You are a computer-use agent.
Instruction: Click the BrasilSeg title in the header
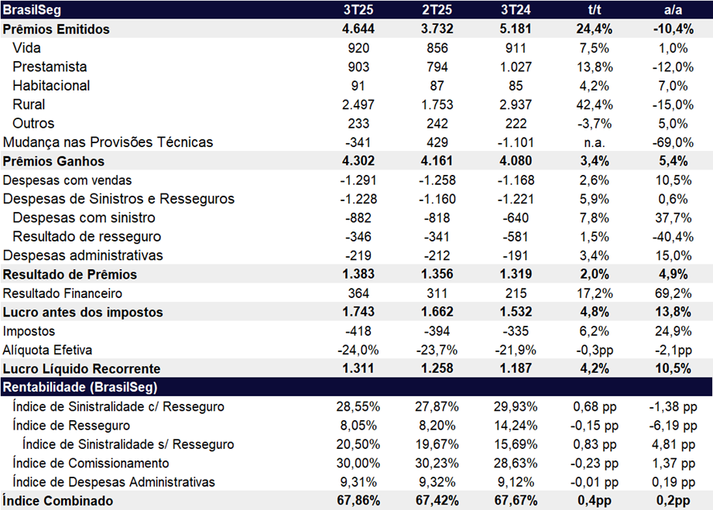pyautogui.click(x=33, y=10)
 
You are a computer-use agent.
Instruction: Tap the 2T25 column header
pyautogui.click(x=437, y=10)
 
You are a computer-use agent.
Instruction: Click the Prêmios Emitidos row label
pyautogui.click(x=57, y=29)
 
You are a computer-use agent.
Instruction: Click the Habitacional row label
pyautogui.click(x=51, y=86)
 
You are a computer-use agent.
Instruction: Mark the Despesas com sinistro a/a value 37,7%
pyautogui.click(x=670, y=218)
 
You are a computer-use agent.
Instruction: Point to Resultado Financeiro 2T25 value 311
pyautogui.click(x=437, y=293)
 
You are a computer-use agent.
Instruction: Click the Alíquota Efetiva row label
pyautogui.click(x=47, y=350)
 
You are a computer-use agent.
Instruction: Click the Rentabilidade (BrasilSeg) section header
pyautogui.click(x=81, y=387)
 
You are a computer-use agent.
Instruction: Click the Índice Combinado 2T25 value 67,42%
pyautogui.click(x=437, y=501)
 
